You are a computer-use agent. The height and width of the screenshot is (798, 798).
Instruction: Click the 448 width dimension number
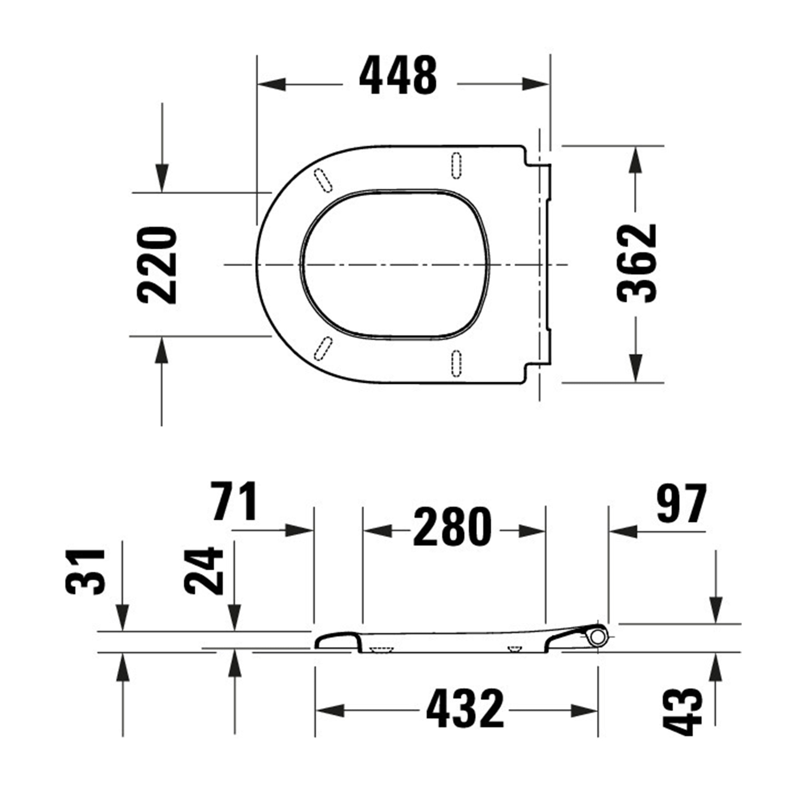[x=398, y=76]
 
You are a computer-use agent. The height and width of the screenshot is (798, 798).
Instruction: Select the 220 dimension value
[x=157, y=265]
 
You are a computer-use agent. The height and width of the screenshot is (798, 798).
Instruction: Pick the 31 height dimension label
[x=86, y=572]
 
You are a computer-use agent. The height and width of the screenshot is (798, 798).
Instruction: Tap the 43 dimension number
[x=682, y=712]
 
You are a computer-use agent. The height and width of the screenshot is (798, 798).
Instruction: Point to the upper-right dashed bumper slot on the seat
[x=456, y=166]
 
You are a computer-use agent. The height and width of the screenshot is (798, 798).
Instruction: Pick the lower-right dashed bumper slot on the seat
[x=456, y=364]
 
